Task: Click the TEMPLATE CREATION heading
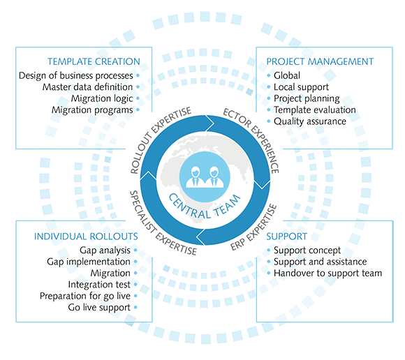click(94, 61)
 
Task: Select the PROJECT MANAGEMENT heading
click(320, 61)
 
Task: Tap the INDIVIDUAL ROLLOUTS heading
click(86, 237)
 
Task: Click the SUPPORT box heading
click(287, 237)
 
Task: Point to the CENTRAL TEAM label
click(204, 207)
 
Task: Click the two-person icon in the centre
click(205, 177)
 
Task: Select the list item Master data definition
click(87, 87)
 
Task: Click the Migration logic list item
click(102, 98)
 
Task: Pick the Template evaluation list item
click(315, 110)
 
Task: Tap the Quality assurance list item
click(310, 121)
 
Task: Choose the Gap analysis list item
click(105, 250)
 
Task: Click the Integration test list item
click(99, 285)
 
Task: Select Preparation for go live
click(85, 296)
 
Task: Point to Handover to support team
click(327, 273)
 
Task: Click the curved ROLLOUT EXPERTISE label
click(158, 136)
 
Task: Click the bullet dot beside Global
click(269, 75)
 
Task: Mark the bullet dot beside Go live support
click(135, 308)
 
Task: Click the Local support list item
click(301, 87)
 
